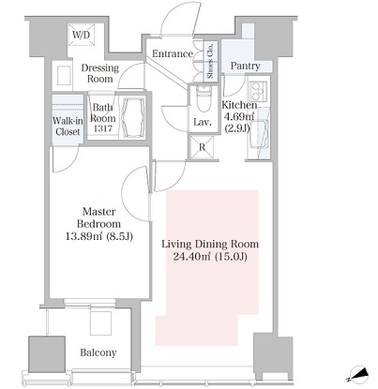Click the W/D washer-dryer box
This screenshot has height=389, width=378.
coord(81,35)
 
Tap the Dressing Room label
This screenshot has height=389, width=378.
coord(100,73)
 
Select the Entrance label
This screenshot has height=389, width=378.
coord(173,53)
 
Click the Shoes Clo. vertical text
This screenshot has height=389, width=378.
coord(210,60)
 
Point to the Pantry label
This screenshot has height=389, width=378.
coord(246,66)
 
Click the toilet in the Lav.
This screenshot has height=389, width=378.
coord(204,98)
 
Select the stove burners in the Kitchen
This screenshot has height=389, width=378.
coord(258,89)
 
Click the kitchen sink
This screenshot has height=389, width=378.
coord(258,134)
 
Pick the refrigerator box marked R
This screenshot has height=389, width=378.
coord(203,147)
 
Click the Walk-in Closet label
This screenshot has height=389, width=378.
coord(68,127)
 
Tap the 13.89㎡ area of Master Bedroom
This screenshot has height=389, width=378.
coord(84,236)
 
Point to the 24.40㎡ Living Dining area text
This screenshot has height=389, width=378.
coord(191,257)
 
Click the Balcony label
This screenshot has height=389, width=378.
coord(98,352)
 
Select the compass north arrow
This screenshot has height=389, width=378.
coord(358,374)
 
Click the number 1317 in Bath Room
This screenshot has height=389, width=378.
coord(103,128)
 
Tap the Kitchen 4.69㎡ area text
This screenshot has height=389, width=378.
coord(239,117)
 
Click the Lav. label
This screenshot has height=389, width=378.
coord(203,122)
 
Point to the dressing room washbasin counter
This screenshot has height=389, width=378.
coord(64,75)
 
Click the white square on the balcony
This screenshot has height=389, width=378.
coord(100,323)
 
